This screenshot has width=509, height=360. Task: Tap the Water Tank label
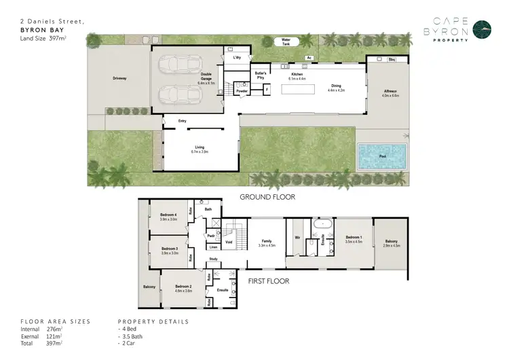[x=290, y=41]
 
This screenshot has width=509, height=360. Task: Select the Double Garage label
[x=208, y=77]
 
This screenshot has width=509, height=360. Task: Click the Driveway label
[x=119, y=79]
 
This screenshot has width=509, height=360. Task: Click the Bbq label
[x=392, y=60]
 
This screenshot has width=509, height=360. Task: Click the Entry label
[x=182, y=121]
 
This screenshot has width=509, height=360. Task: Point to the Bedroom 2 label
[x=183, y=288]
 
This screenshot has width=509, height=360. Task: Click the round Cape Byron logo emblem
[x=483, y=29]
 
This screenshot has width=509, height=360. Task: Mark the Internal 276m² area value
[x=54, y=329]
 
